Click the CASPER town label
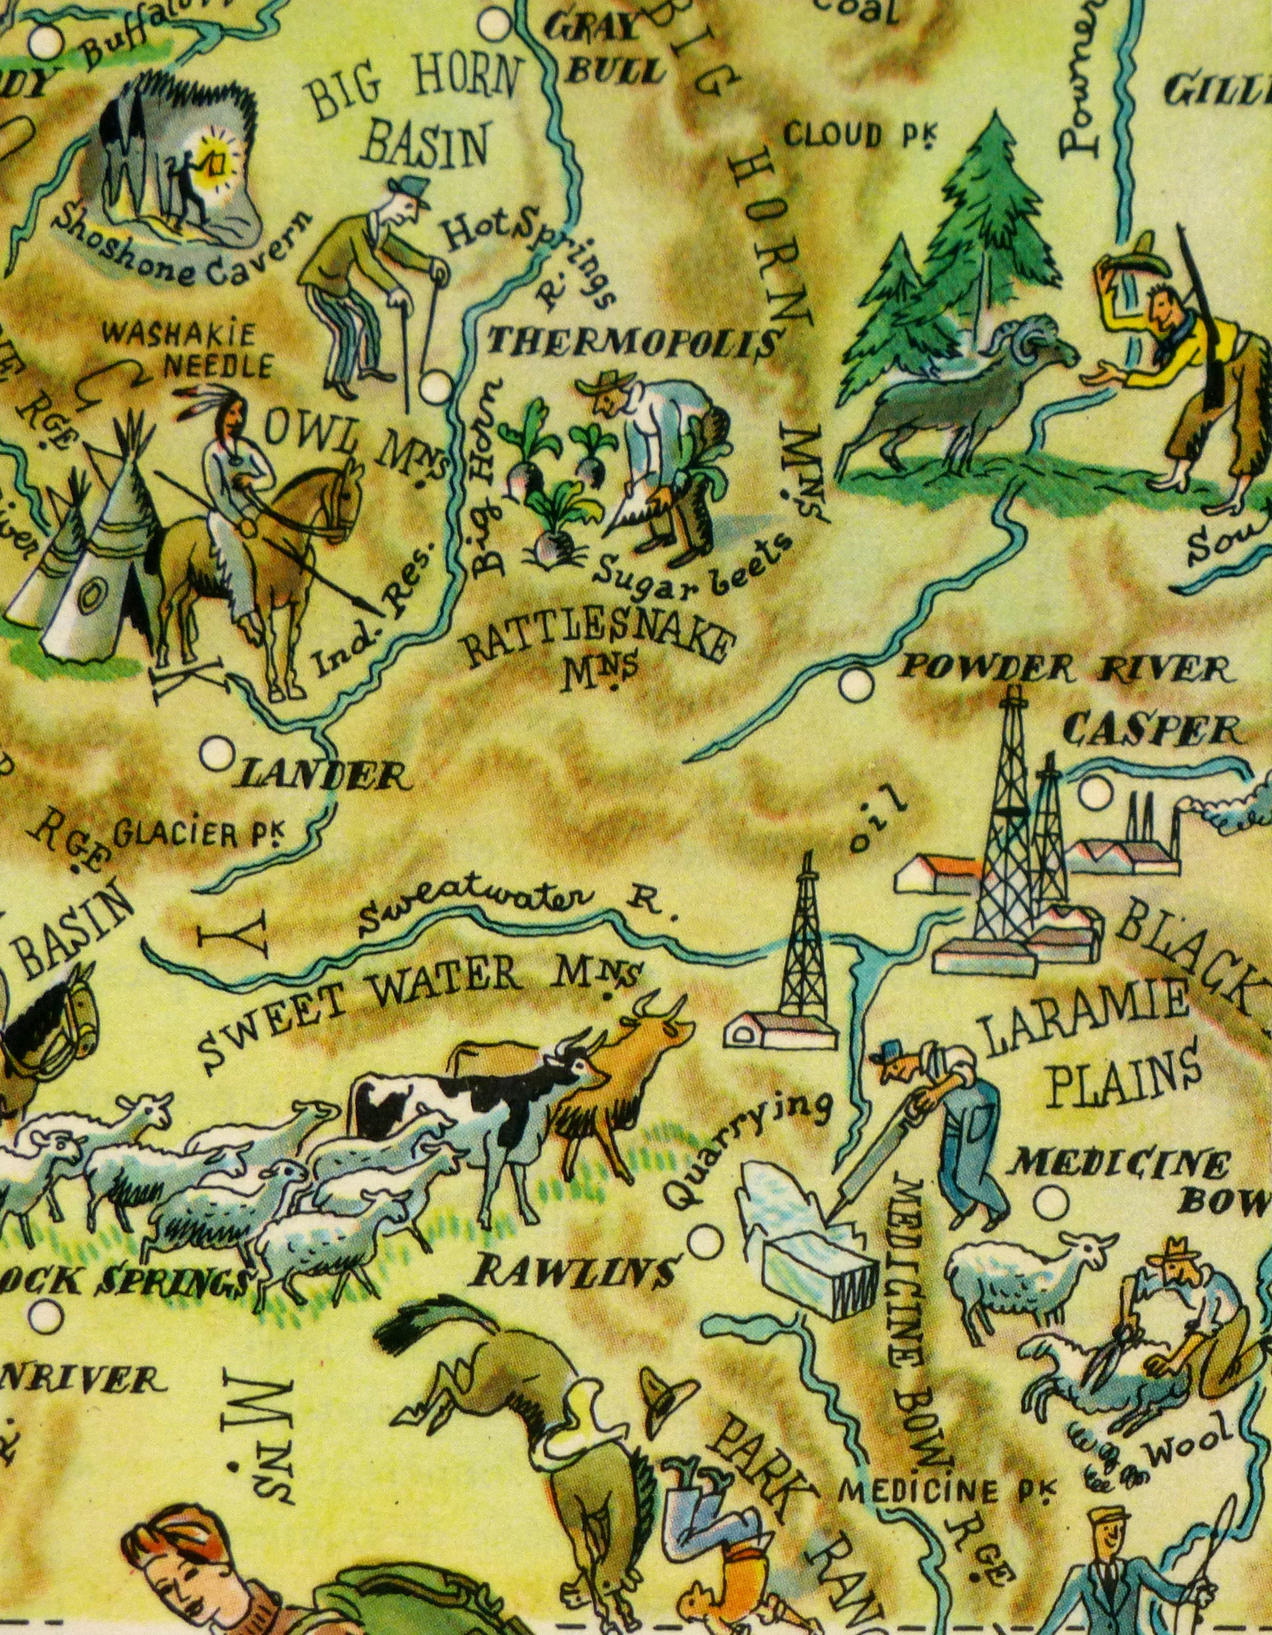point(1152,729)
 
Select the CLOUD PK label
point(859,136)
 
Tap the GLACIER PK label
point(198,833)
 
